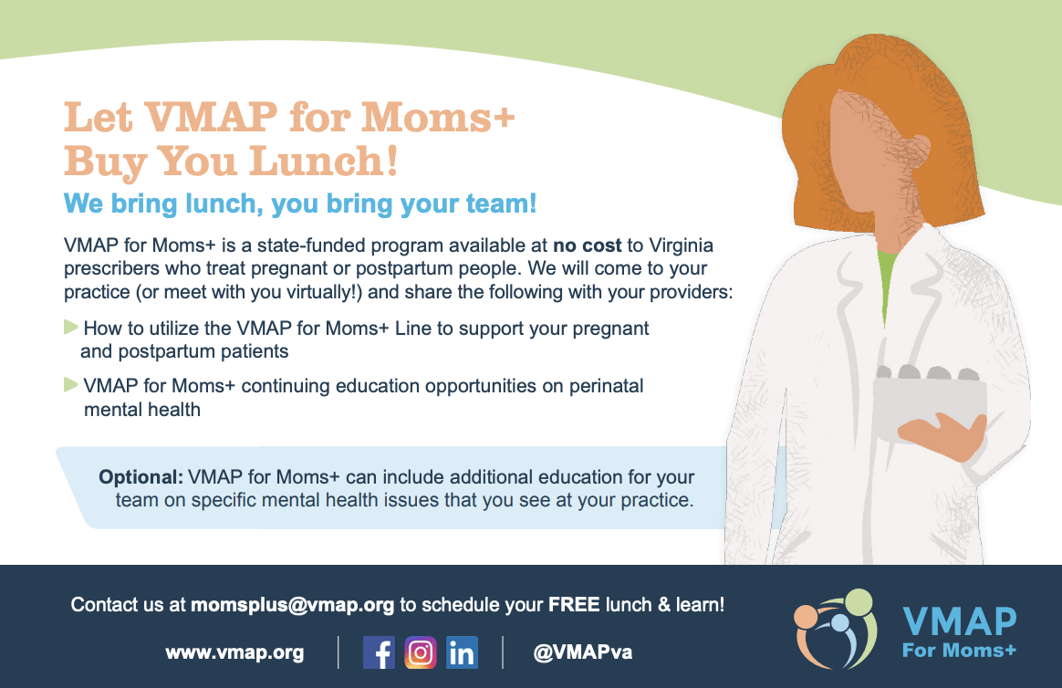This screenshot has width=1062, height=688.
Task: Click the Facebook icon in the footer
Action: click(379, 652)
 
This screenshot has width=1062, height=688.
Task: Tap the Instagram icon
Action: click(421, 652)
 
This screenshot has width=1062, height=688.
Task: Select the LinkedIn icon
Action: click(463, 652)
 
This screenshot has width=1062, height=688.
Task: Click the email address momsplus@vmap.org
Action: click(292, 604)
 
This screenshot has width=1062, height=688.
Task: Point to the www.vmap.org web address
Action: click(234, 653)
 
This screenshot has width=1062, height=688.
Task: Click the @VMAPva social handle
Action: click(582, 653)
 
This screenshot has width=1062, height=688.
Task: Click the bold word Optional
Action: click(141, 477)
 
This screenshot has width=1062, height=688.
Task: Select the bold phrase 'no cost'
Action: click(588, 245)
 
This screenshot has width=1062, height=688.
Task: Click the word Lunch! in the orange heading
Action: click(323, 161)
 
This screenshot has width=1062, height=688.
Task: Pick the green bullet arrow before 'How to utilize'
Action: click(70, 327)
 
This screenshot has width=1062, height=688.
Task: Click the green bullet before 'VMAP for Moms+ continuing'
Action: click(70, 385)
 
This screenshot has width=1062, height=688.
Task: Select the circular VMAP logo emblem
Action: click(835, 628)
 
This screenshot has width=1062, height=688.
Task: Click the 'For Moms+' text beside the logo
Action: click(958, 650)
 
